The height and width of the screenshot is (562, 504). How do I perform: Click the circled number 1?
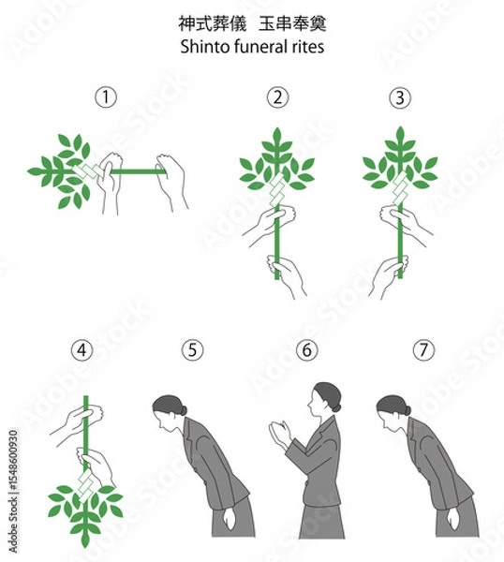[106, 96]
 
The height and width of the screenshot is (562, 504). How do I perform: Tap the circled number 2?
[278, 97]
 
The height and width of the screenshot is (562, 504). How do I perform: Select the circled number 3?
[400, 97]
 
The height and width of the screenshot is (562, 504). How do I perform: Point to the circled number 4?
[82, 350]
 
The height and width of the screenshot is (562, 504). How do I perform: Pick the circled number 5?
[192, 349]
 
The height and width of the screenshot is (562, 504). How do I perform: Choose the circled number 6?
[307, 349]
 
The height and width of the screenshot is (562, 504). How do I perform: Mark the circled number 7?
[423, 349]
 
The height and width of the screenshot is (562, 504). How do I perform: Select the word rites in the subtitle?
[310, 47]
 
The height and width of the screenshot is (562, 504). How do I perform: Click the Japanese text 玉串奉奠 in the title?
[292, 23]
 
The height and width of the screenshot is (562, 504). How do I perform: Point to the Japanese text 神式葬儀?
[213, 23]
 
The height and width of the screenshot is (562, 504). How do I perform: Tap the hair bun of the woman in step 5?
[184, 410]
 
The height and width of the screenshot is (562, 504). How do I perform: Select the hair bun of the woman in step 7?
[407, 410]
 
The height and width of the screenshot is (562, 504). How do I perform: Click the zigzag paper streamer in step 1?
[89, 170]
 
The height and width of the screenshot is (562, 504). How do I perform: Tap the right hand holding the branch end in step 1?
[171, 182]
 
